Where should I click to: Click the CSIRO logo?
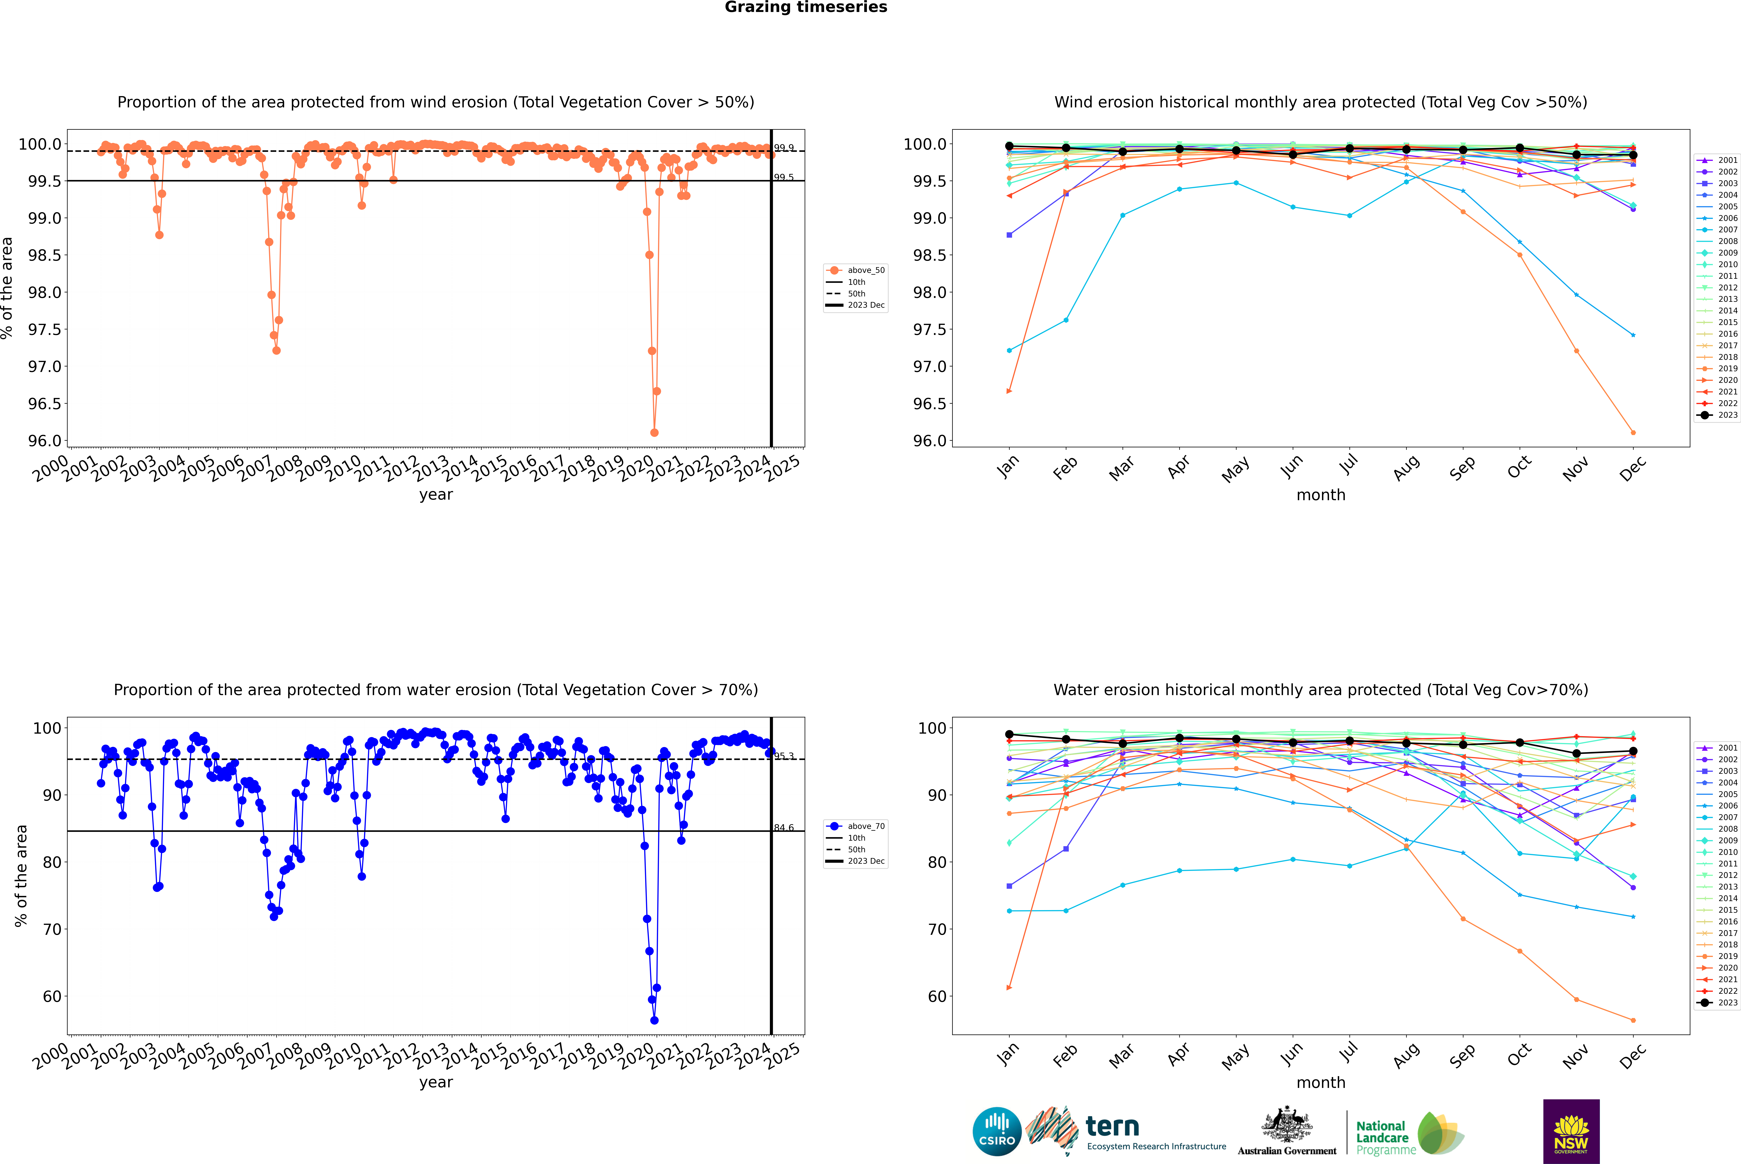click(x=997, y=1131)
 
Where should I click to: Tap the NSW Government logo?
click(x=1571, y=1131)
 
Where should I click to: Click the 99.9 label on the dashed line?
click(x=784, y=148)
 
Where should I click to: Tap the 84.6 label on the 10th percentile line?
click(x=784, y=828)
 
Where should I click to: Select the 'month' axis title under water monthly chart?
click(x=1320, y=1082)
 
